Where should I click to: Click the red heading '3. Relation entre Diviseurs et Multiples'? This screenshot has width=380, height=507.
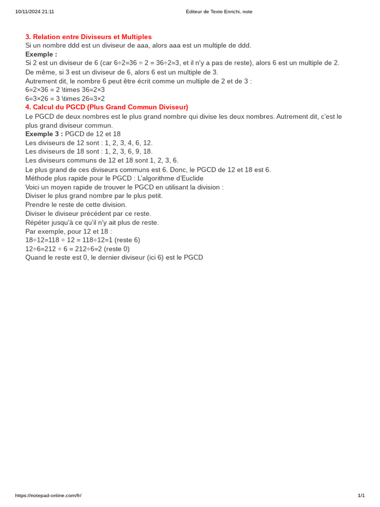point(89,37)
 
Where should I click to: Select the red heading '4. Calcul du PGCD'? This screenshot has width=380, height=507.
point(106,107)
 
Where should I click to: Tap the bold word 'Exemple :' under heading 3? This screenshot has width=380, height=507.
point(41,54)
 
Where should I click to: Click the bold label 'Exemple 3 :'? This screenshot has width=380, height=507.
point(44,134)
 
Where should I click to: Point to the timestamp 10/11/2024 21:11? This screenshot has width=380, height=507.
point(35,11)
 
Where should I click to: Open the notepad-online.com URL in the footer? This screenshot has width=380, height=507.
point(48,496)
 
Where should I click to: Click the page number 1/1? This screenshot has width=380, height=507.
point(361,496)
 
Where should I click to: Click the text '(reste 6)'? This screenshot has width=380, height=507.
point(127,240)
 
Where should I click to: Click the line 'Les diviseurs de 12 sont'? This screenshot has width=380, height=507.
point(89,143)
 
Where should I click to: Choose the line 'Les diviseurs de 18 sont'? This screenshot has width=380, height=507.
point(89,152)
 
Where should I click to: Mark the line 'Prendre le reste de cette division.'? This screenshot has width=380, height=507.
point(76,204)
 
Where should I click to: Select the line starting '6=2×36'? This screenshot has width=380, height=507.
point(65,90)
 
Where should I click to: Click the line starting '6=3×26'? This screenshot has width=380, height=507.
point(65,99)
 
